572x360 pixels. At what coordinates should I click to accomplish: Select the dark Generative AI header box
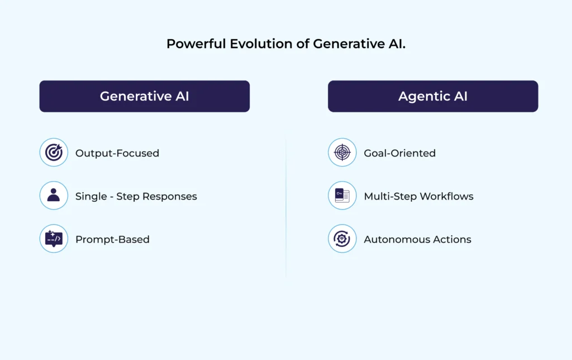coord(144,96)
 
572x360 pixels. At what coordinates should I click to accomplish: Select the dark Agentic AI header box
coord(433,96)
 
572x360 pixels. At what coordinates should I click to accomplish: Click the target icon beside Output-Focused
coord(54,153)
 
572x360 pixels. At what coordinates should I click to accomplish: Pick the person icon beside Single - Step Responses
coord(54,196)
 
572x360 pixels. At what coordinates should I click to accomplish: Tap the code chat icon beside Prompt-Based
coord(54,239)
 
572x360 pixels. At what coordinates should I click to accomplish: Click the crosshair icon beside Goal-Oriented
coord(342,153)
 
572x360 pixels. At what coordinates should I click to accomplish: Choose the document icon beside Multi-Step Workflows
coord(342,196)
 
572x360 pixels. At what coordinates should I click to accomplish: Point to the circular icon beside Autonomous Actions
coord(342,239)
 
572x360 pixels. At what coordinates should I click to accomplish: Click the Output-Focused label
coord(117,153)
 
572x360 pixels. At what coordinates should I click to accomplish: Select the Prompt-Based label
coord(112,239)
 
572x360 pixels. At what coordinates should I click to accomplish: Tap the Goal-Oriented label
coord(399,153)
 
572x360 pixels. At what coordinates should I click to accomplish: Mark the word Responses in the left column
coord(170,196)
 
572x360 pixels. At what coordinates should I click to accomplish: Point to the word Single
coord(90,196)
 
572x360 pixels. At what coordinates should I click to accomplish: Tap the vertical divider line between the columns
coord(286,207)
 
